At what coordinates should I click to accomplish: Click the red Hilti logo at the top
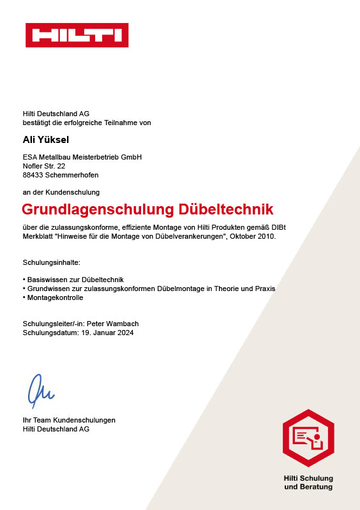(x=77, y=35)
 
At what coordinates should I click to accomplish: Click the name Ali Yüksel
(x=47, y=139)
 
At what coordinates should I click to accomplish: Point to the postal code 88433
(x=34, y=175)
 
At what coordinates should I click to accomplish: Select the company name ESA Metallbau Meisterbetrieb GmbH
(x=82, y=157)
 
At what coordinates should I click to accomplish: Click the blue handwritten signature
(x=40, y=389)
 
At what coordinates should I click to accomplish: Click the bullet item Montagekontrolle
(x=55, y=297)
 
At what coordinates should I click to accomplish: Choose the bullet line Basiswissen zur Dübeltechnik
(x=73, y=280)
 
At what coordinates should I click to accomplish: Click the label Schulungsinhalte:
(x=51, y=262)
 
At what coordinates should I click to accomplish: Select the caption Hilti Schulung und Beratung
(x=308, y=483)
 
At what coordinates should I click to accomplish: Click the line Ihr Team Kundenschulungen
(x=69, y=420)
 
